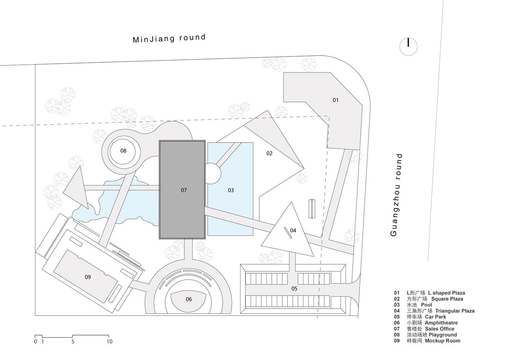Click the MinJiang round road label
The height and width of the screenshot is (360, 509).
pos(169,38)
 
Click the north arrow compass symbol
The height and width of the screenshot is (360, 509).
pos(408,46)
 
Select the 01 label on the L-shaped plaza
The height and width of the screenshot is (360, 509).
pos(335,100)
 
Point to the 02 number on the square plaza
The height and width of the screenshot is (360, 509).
pos(269,153)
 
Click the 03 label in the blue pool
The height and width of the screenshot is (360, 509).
pos(231,190)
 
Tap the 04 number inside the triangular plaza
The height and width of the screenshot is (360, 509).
pos(293,230)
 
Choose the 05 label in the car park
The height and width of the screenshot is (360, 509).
pos(294,288)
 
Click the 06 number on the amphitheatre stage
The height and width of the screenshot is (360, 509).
pos(189,299)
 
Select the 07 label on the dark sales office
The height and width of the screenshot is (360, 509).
pos(184,190)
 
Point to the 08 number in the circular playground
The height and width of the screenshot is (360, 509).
pos(123,151)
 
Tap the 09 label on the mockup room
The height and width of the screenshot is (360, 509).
pos(88,277)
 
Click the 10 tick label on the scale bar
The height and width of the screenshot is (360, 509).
pos(109,341)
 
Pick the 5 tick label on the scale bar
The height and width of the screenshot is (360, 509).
pos(73,341)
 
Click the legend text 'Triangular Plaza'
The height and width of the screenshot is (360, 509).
pos(455,311)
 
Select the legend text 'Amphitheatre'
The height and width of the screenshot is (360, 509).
pos(441,323)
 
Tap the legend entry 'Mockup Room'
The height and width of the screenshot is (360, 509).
pos(442,341)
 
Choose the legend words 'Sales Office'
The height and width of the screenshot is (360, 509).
pos(440,329)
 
